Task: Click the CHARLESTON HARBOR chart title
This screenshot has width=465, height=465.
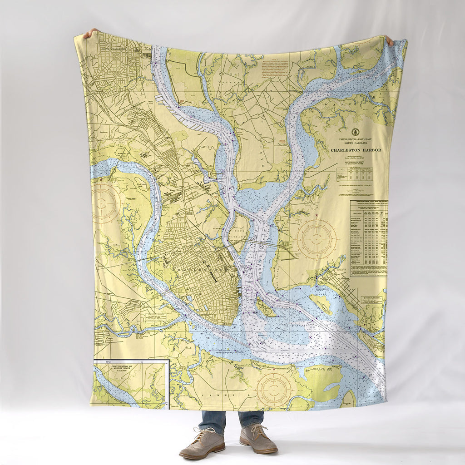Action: coord(356,150)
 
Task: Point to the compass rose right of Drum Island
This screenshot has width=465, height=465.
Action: coord(317,239)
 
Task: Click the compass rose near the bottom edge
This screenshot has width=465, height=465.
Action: coord(274,390)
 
